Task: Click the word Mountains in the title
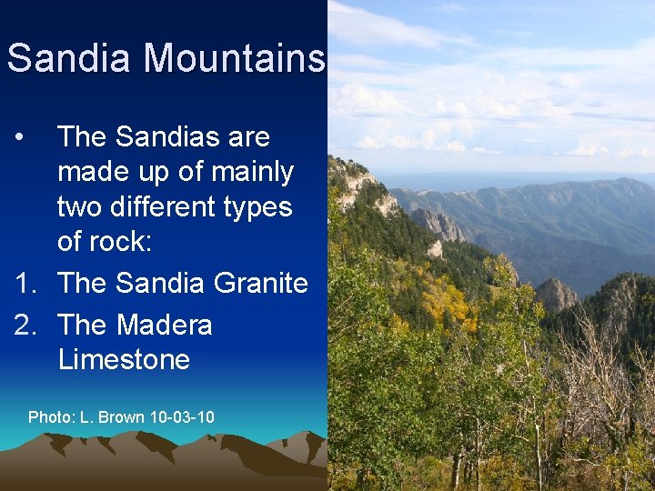[234, 58]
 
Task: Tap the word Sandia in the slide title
[71, 58]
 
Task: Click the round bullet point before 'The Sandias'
[21, 138]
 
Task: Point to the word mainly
[248, 172]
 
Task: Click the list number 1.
[25, 283]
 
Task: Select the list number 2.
[25, 325]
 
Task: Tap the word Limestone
[124, 359]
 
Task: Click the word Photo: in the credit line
[51, 416]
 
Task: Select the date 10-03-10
[182, 416]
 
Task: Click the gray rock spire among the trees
[555, 295]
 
